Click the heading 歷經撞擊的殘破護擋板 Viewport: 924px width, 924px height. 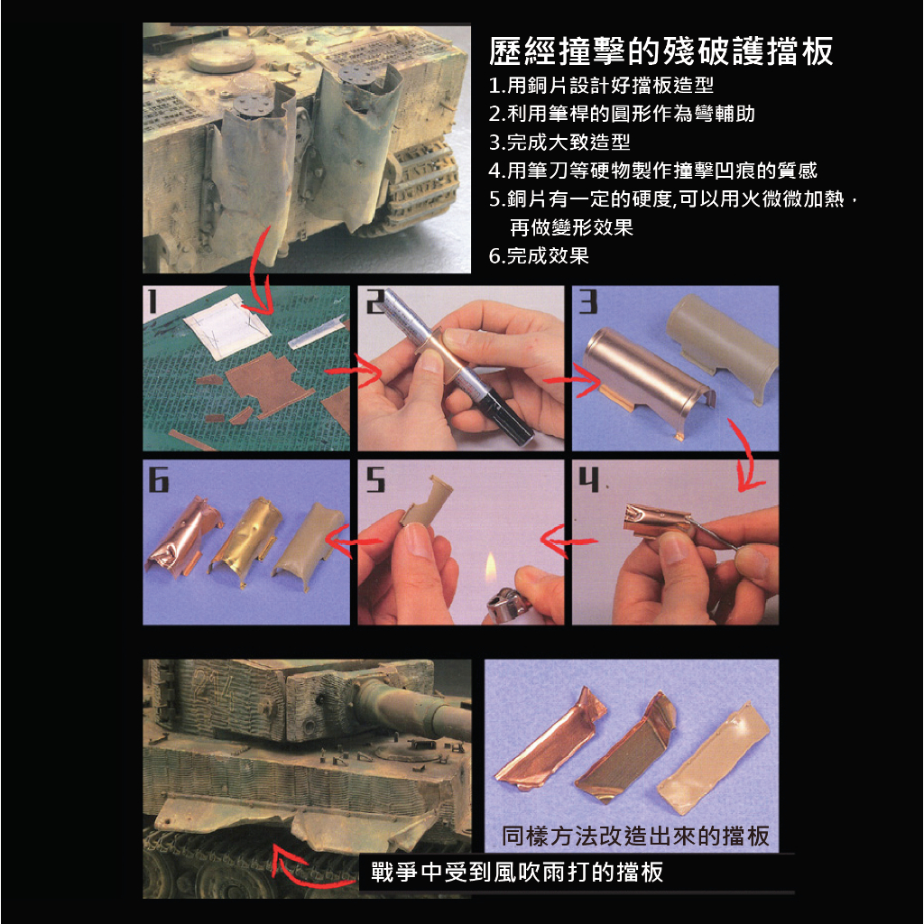(661, 51)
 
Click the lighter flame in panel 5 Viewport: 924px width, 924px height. (490, 568)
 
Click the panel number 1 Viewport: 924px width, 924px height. (152, 300)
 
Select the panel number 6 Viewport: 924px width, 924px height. (158, 478)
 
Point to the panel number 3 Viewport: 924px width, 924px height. (587, 301)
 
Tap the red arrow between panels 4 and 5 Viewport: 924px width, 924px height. (568, 540)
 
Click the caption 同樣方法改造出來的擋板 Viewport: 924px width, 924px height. (635, 836)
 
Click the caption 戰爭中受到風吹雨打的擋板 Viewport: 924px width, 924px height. (517, 872)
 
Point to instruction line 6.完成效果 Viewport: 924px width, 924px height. (539, 255)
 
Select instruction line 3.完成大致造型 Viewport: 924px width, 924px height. (559, 142)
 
